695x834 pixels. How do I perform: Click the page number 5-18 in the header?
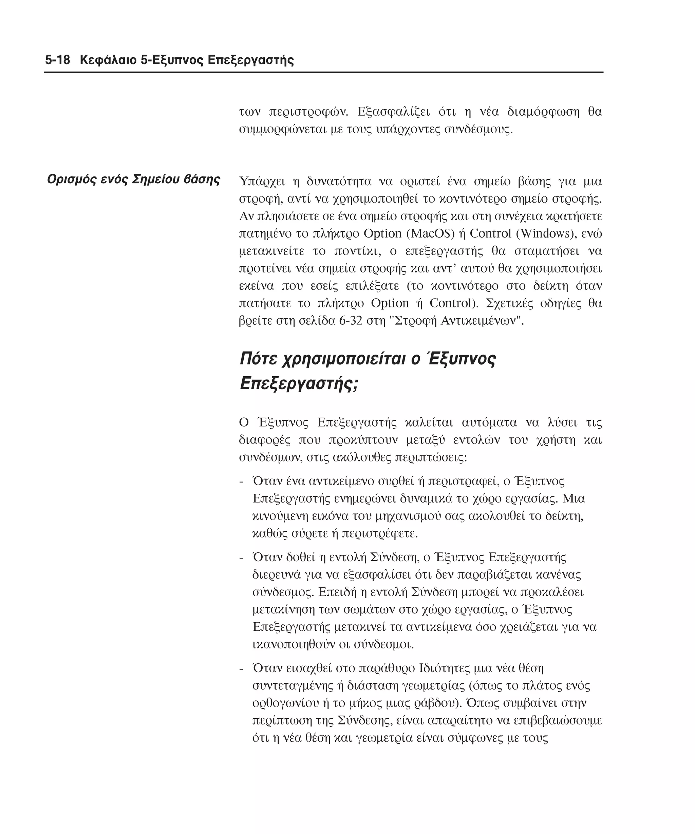click(x=57, y=60)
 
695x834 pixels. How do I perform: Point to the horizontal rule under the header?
click(x=323, y=72)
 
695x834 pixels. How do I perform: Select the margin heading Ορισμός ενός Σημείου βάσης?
click(x=133, y=179)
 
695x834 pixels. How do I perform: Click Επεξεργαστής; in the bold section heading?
click(x=299, y=384)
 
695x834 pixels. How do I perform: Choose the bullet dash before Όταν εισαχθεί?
click(x=241, y=669)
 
